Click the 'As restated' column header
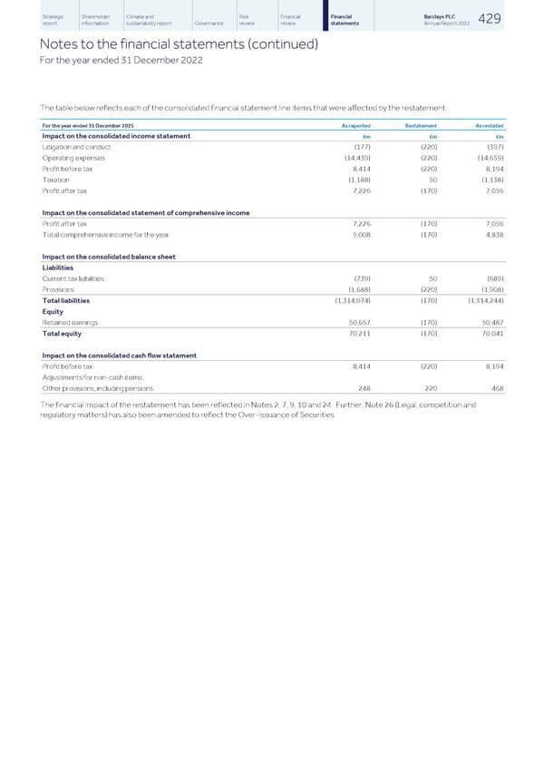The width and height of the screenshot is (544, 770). [488, 125]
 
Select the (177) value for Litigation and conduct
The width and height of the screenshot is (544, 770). [360, 146]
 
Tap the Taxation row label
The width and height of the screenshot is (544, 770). [56, 179]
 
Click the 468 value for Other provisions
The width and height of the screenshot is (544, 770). [497, 387]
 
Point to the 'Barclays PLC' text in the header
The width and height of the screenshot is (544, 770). [439, 16]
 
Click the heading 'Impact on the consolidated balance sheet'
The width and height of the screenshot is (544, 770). [109, 256]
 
